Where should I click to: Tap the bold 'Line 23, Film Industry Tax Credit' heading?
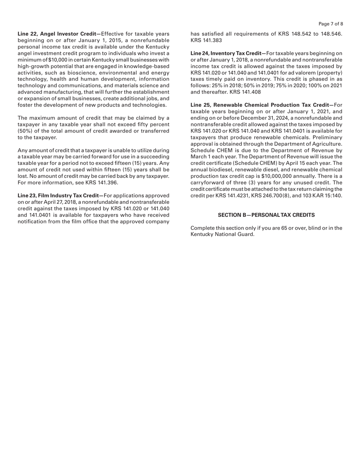click(58, 195)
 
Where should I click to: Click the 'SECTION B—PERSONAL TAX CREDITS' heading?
click(266, 215)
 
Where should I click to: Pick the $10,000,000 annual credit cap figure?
click(279, 176)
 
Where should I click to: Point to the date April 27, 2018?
click(58, 202)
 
